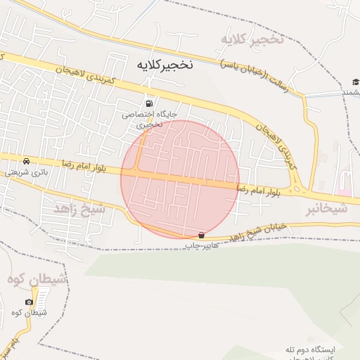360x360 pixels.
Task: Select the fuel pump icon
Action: click(149, 103)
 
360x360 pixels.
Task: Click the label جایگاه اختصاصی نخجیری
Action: click(150, 118)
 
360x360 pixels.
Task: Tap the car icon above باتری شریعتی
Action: click(27, 161)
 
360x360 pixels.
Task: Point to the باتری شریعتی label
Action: click(25, 172)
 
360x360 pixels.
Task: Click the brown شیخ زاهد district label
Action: click(79, 209)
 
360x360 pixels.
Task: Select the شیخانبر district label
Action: click(327, 209)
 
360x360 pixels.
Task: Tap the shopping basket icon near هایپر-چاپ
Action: click(202, 235)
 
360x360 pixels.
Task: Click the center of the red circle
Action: click(180, 179)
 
